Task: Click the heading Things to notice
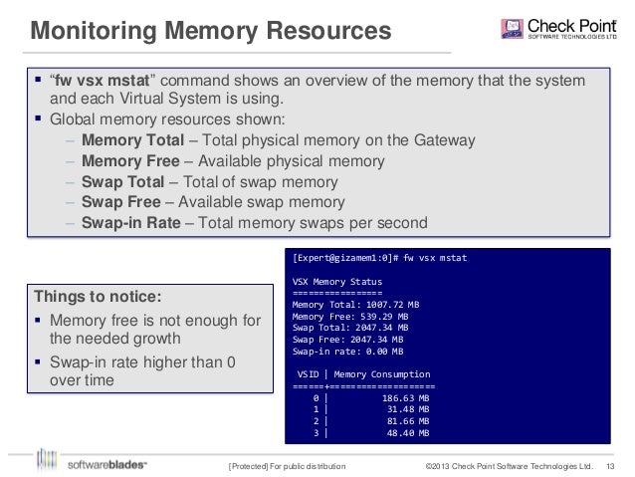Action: click(x=97, y=296)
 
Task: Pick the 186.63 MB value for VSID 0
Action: click(x=405, y=397)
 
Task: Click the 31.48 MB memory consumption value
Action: click(x=408, y=409)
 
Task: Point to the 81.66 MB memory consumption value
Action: click(x=408, y=421)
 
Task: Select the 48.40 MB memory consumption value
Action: click(x=408, y=433)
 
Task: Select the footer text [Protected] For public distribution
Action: click(x=288, y=465)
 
